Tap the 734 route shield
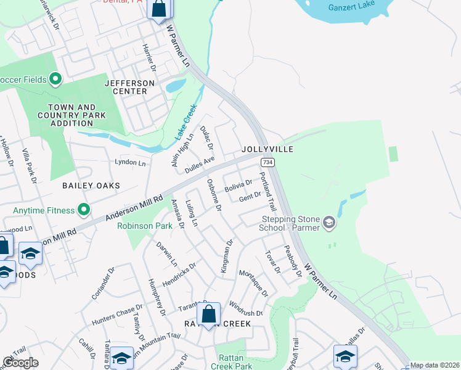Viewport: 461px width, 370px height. click(x=267, y=162)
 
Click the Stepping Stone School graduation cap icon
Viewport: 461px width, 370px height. click(x=329, y=222)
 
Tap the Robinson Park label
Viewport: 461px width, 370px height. click(x=145, y=226)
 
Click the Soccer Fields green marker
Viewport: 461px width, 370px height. click(x=55, y=79)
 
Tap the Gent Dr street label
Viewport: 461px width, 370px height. click(x=250, y=196)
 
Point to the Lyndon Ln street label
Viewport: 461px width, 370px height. click(x=130, y=163)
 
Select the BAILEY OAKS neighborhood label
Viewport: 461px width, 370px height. click(x=91, y=185)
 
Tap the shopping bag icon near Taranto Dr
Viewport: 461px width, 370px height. click(x=209, y=314)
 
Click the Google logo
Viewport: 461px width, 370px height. click(x=20, y=363)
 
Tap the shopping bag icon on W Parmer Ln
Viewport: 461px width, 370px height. click(x=159, y=9)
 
